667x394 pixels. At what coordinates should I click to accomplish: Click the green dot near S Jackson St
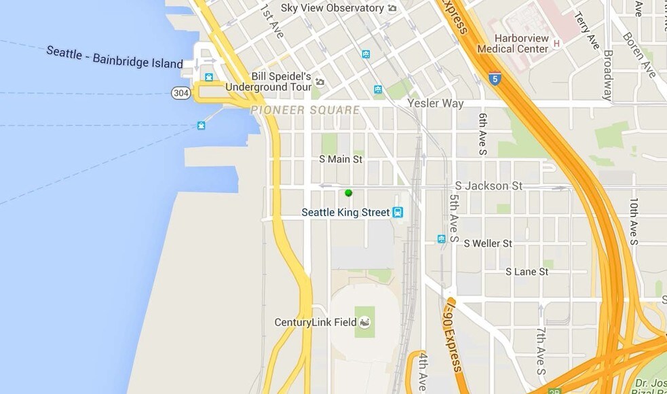click(348, 193)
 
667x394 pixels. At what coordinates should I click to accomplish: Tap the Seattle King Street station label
click(345, 213)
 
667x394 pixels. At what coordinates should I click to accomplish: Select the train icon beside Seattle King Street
click(398, 213)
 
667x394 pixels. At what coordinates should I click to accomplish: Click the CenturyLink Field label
click(315, 322)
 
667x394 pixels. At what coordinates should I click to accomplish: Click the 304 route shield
click(180, 93)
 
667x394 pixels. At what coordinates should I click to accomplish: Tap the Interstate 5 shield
click(495, 78)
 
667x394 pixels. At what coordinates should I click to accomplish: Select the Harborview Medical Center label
click(512, 43)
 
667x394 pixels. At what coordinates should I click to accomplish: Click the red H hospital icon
click(556, 44)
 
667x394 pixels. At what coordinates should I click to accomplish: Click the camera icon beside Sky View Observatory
click(392, 8)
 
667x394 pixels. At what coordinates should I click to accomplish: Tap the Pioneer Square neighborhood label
click(305, 110)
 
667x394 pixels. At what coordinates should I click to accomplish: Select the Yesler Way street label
click(436, 104)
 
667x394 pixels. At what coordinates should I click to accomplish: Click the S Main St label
click(341, 160)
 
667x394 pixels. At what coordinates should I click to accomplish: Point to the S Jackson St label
click(489, 185)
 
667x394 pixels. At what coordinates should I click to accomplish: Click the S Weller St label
click(488, 243)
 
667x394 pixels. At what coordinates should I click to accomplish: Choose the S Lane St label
click(527, 272)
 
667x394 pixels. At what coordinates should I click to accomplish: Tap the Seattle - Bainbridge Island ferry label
click(115, 58)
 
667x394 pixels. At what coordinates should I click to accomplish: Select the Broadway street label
click(607, 75)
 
